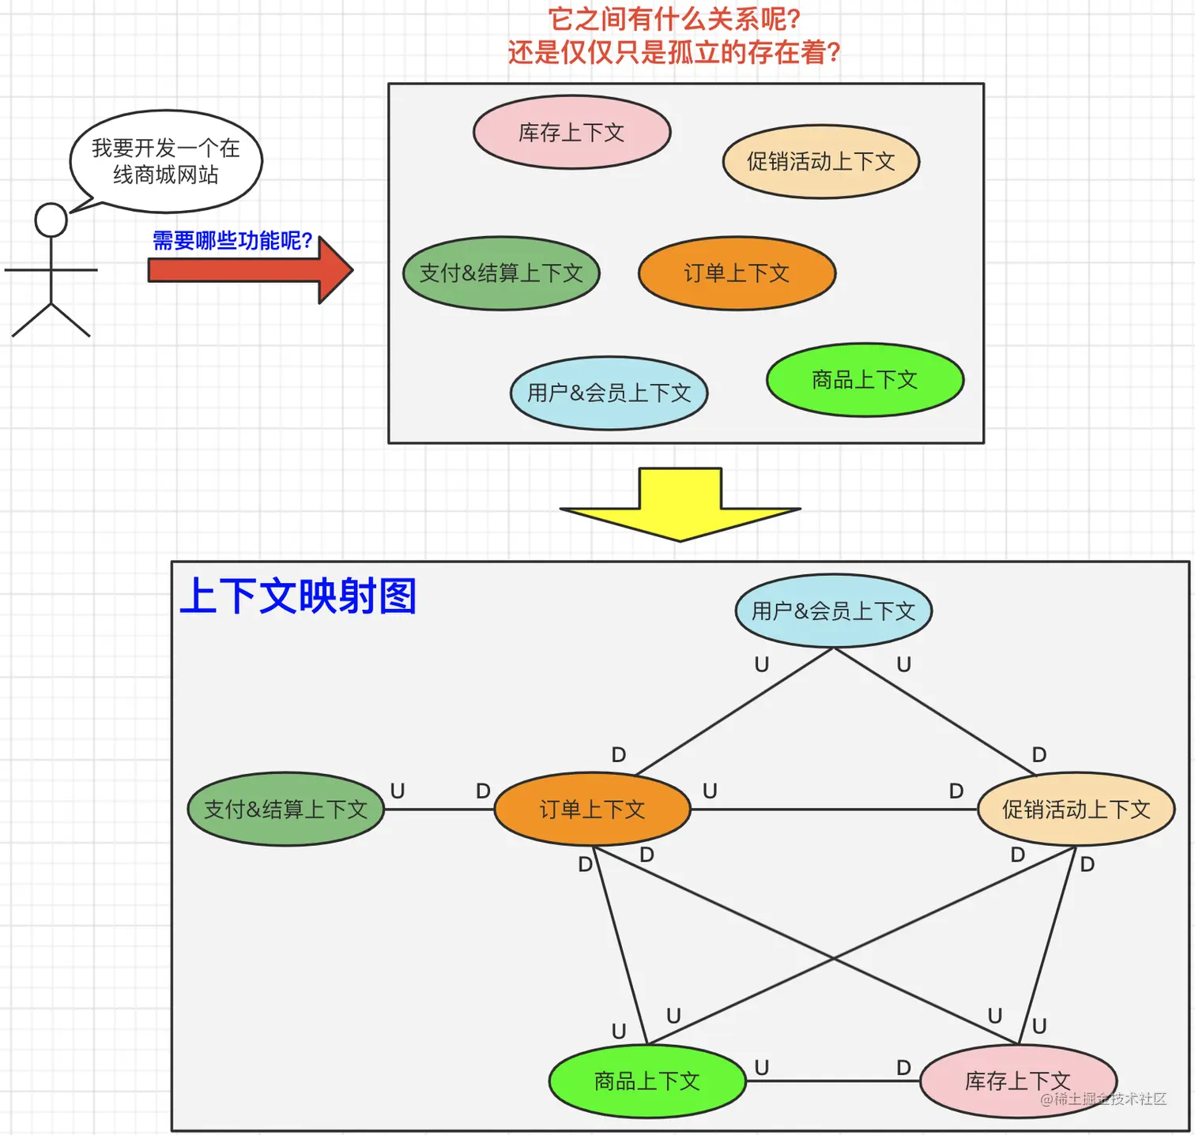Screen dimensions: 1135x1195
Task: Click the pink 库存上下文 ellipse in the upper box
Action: coord(571,133)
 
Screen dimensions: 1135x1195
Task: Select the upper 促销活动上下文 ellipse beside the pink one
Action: coord(820,162)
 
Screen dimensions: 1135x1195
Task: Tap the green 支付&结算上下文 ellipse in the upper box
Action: coord(501,273)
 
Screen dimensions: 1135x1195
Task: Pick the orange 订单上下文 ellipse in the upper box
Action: coord(737,273)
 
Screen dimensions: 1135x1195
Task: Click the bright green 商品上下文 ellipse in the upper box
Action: coord(865,380)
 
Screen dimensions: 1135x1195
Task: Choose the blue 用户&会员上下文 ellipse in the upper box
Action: coord(609,393)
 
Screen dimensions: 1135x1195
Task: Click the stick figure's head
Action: coord(51,220)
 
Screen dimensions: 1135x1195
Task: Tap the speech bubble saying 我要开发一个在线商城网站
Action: coord(165,161)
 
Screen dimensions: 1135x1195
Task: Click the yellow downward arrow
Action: coord(680,505)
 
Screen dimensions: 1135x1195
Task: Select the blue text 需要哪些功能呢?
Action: coord(232,240)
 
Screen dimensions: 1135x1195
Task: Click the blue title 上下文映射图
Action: coord(298,596)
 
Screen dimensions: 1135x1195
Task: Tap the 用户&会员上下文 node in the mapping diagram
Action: coord(833,611)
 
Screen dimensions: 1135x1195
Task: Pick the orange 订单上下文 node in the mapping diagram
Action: coord(592,810)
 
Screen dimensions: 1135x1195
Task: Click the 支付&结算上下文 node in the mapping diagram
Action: coord(285,810)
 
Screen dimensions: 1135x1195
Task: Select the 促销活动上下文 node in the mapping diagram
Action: coord(1076,810)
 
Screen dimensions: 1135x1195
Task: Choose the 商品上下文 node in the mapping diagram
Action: coord(647,1081)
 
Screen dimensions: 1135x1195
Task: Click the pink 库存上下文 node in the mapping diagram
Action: coord(1018,1081)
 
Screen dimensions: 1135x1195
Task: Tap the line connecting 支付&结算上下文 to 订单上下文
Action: coord(439,810)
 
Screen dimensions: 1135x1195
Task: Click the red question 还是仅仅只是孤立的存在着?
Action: coord(673,53)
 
